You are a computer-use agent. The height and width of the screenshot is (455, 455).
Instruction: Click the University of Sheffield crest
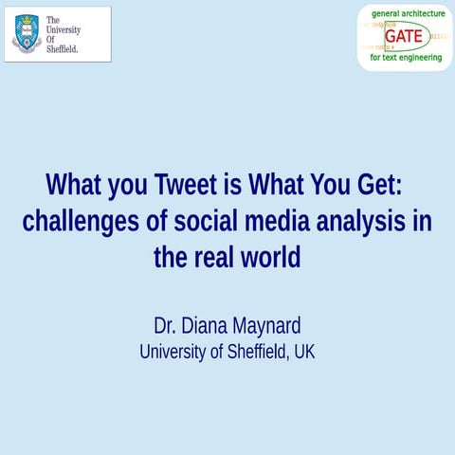[x=27, y=34]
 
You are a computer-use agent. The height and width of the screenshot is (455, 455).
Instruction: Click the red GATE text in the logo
[x=404, y=37]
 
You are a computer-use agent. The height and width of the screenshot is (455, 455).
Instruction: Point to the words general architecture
[x=408, y=13]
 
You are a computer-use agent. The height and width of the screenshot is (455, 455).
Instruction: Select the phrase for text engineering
[x=406, y=58]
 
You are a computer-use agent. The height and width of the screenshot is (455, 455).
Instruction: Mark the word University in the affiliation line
[x=169, y=352]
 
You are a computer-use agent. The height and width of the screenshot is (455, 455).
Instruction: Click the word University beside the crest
[x=64, y=29]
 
